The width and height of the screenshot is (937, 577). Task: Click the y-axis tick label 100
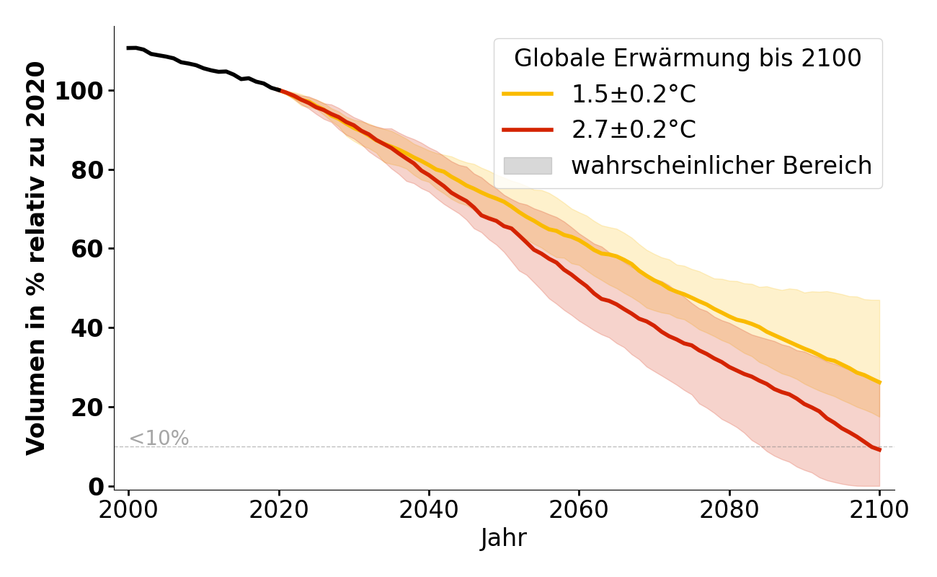click(82, 92)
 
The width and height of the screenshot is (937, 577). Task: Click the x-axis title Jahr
click(504, 538)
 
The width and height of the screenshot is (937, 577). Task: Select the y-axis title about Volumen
click(36, 258)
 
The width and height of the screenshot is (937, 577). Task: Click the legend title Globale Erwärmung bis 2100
click(688, 58)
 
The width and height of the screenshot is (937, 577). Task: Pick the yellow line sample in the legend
click(528, 94)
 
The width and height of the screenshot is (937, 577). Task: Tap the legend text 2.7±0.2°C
click(634, 130)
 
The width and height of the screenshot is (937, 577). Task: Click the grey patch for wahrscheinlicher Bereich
click(528, 166)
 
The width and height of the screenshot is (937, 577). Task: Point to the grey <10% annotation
click(159, 439)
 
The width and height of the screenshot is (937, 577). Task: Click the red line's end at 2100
click(879, 450)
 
